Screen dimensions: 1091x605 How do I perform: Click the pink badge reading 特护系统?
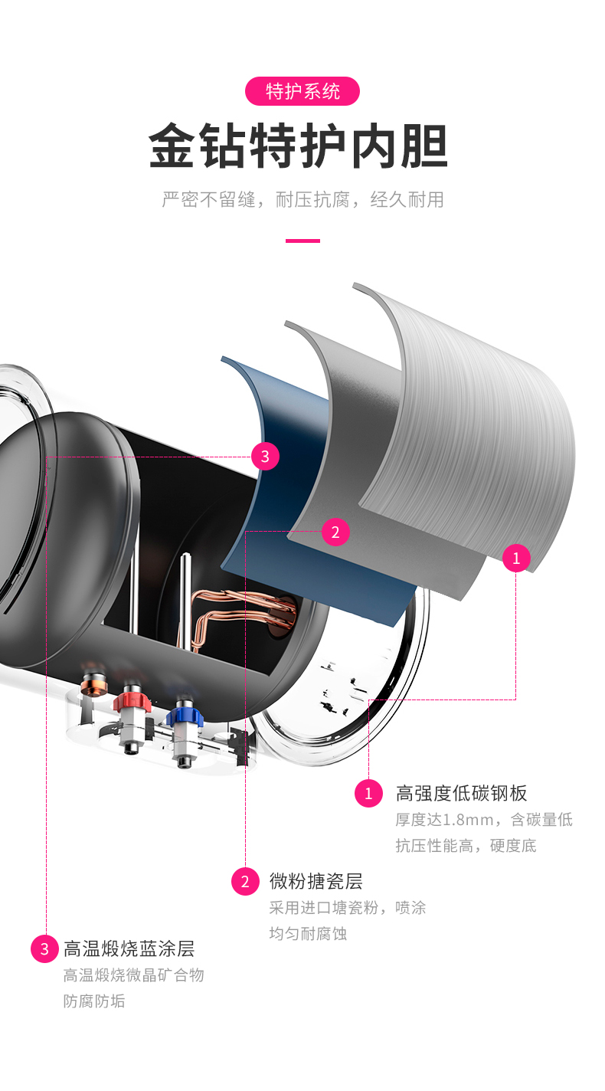click(x=302, y=91)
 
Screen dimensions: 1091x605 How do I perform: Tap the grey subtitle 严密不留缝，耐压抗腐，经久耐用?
click(x=302, y=200)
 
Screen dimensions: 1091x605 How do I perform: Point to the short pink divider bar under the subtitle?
click(x=302, y=241)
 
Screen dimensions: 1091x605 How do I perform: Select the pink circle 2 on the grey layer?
click(x=335, y=532)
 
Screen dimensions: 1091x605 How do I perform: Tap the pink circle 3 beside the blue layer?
click(x=265, y=457)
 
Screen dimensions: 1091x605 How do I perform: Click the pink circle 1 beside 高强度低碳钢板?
click(x=368, y=793)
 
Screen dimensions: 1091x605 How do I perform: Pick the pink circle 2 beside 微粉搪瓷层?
click(x=245, y=881)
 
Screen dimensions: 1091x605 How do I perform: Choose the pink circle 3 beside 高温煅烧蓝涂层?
click(x=44, y=949)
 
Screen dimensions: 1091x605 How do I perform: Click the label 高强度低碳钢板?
click(x=461, y=793)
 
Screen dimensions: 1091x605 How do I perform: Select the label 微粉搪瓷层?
click(x=316, y=881)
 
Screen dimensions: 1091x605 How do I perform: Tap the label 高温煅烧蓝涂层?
click(x=129, y=949)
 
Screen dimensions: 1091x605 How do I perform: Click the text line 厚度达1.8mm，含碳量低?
click(x=483, y=820)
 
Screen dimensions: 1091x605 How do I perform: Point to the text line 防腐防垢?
click(x=93, y=1001)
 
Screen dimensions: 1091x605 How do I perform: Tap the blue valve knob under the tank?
click(x=182, y=713)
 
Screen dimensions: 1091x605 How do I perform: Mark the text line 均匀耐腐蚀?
click(x=308, y=934)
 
